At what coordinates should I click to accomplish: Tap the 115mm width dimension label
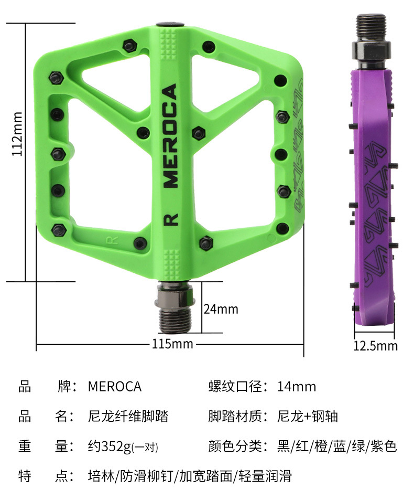point(172,344)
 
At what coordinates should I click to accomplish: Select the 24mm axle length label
point(221,309)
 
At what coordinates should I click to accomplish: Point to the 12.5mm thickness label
point(375,346)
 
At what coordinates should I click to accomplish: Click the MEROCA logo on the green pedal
point(171,136)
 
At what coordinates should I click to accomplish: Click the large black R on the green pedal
point(171,219)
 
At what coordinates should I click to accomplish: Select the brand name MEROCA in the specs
point(115,387)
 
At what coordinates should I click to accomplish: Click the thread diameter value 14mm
point(297,387)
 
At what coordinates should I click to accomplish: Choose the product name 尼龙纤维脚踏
point(128,417)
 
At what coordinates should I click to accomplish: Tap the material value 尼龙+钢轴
point(307,417)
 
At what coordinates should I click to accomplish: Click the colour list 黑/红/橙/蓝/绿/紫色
point(337,447)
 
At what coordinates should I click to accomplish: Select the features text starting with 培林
point(189,476)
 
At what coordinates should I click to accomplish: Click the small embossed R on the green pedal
point(111,241)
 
